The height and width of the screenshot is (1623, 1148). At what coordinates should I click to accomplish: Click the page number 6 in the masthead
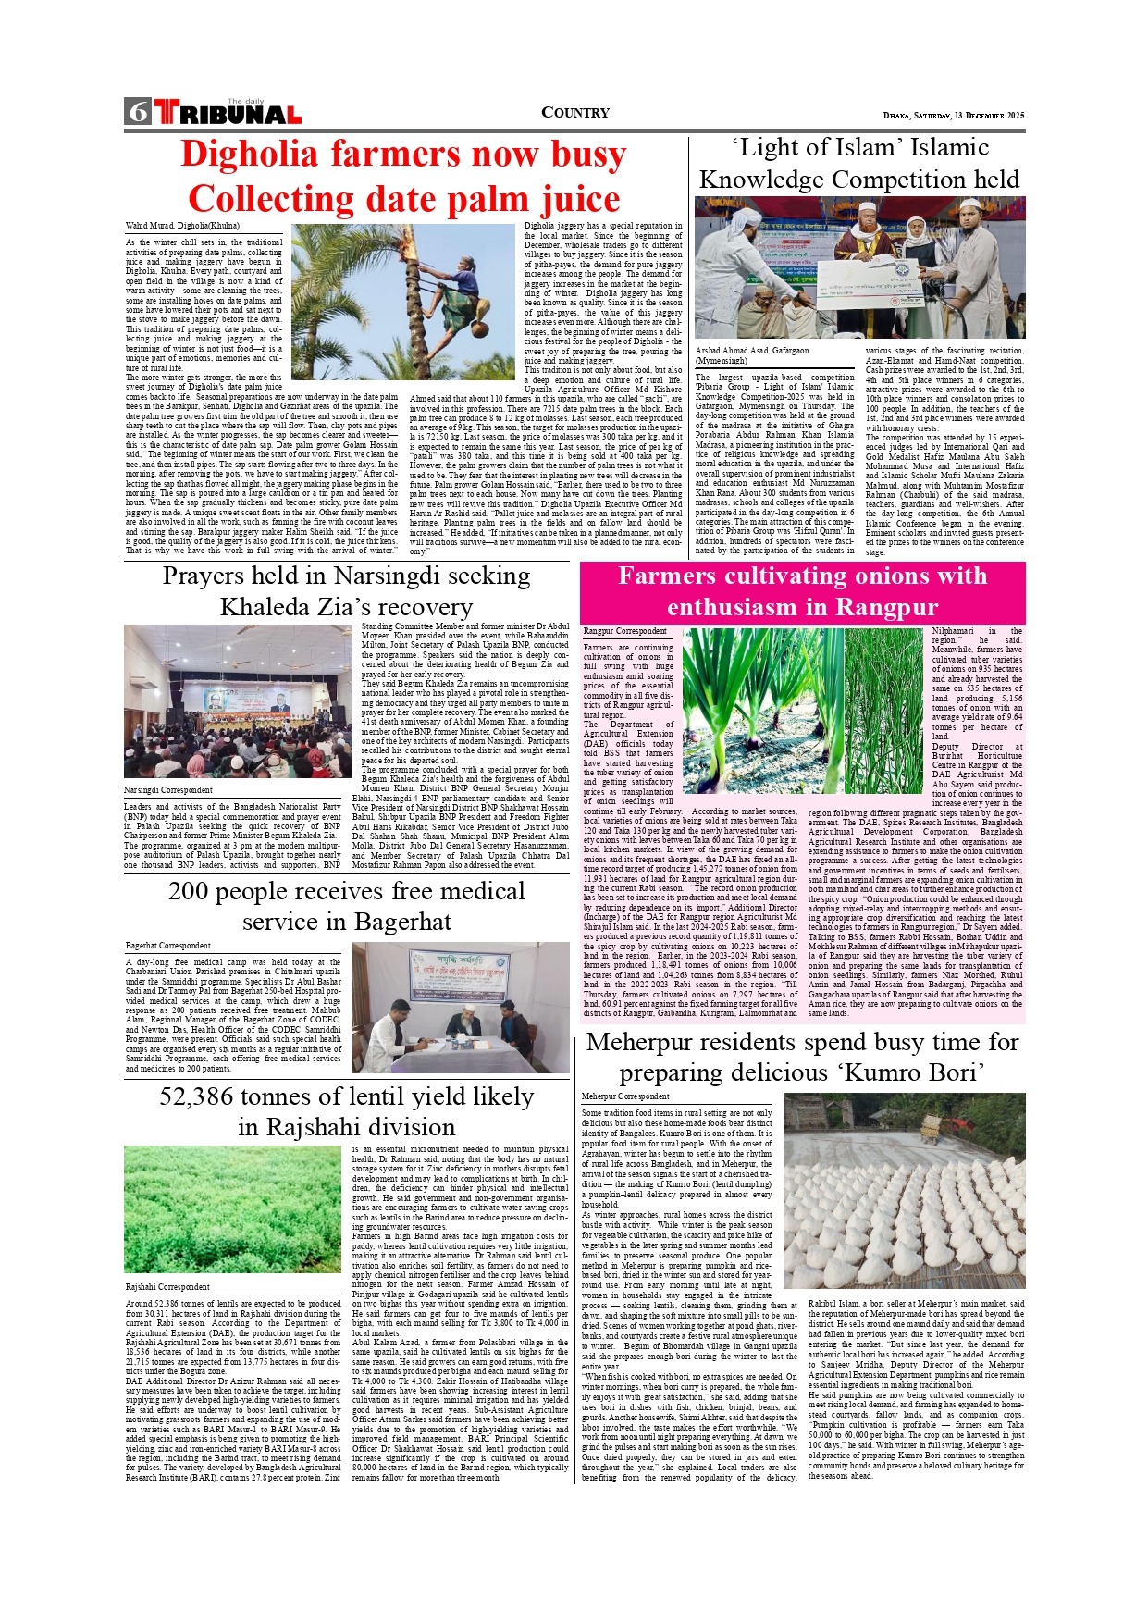(139, 112)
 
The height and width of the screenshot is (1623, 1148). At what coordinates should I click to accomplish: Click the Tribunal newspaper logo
(228, 113)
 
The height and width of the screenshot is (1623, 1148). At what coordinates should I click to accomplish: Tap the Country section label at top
(574, 113)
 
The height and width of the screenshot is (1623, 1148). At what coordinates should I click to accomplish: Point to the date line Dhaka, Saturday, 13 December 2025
(954, 116)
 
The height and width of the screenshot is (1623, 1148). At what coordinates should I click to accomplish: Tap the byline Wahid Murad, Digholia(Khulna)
(182, 226)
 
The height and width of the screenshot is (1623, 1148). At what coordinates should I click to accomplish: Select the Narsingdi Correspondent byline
(168, 790)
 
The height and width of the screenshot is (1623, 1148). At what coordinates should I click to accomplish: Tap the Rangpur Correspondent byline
(625, 631)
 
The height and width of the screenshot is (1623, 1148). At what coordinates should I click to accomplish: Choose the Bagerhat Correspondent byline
(168, 946)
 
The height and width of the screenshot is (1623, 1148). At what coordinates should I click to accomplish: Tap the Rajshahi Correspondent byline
(167, 1287)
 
